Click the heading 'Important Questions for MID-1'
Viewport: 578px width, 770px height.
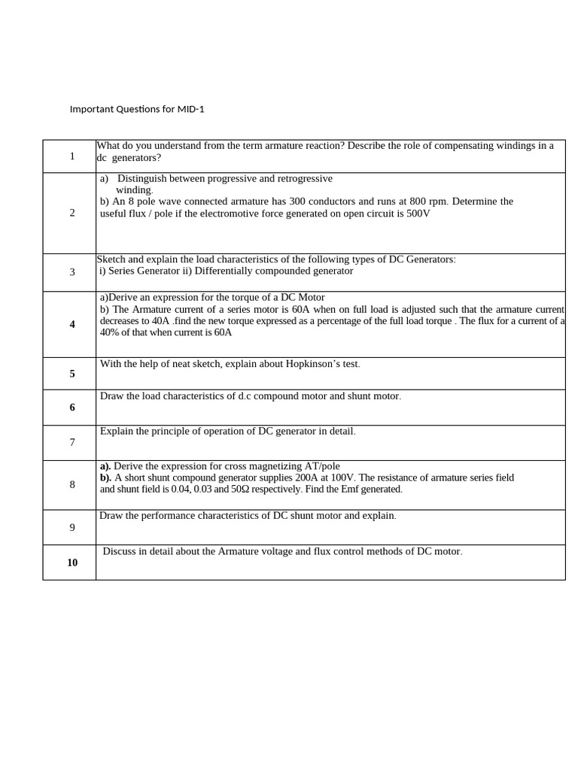(137, 109)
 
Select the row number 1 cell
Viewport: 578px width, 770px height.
(72, 156)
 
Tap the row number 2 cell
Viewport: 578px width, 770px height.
(72, 213)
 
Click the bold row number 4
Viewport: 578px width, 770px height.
(72, 324)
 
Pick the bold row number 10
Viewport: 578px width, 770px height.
(72, 562)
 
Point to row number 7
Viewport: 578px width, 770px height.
(72, 442)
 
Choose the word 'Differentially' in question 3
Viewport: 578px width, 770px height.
(224, 271)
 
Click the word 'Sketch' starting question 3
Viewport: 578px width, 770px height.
(111, 259)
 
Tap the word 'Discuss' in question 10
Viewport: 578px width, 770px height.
(120, 551)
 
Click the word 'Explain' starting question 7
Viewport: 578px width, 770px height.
(119, 431)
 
